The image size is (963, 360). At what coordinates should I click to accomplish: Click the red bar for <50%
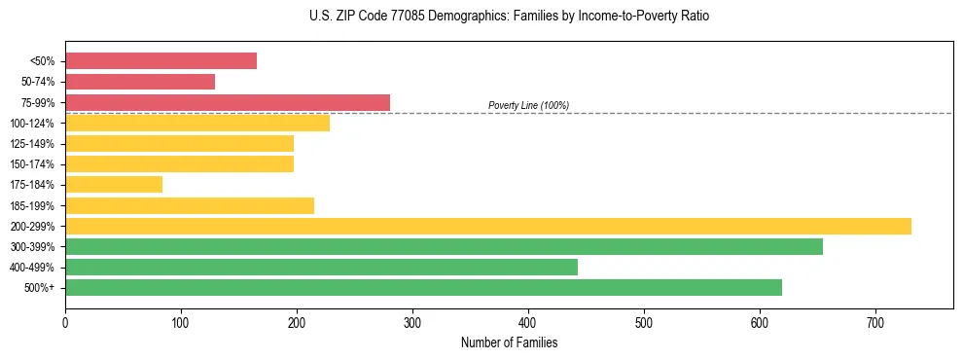(160, 61)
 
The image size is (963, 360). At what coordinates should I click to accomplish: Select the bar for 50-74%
(140, 82)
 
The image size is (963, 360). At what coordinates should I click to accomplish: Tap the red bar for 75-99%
(227, 102)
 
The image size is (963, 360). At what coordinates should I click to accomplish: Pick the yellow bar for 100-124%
(197, 123)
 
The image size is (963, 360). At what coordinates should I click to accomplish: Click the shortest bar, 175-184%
(114, 184)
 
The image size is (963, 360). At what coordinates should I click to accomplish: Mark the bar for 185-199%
(190, 205)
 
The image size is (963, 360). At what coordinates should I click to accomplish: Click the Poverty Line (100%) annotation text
(528, 105)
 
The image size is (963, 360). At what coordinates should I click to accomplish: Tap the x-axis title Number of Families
(509, 342)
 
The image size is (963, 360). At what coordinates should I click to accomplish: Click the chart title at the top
(510, 17)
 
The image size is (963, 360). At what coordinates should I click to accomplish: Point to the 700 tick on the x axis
(875, 322)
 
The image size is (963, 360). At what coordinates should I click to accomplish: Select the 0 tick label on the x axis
(65, 322)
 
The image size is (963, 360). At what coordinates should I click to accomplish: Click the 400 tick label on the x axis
(528, 322)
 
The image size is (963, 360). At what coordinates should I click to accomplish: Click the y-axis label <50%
(44, 62)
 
